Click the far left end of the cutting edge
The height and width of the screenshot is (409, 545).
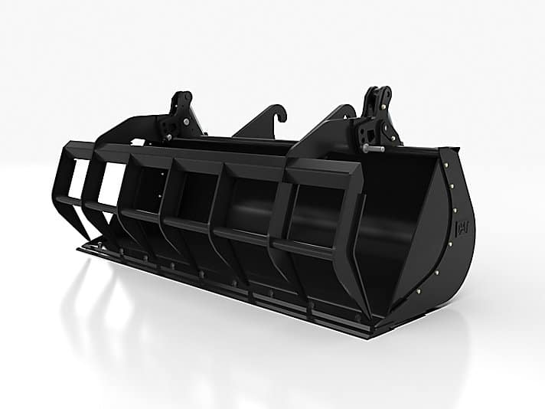[x=80, y=248]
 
